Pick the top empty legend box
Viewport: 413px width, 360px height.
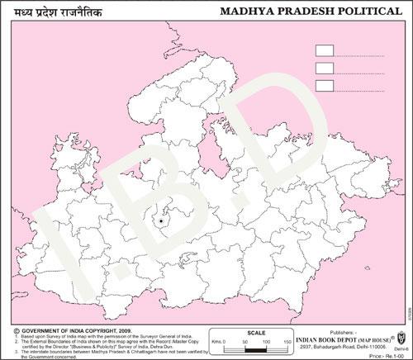[325, 50]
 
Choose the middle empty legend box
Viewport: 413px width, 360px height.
[325, 68]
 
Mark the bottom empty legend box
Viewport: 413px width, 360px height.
[325, 85]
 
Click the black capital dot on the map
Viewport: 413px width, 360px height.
[159, 221]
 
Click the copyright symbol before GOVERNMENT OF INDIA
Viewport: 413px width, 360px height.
[16, 329]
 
